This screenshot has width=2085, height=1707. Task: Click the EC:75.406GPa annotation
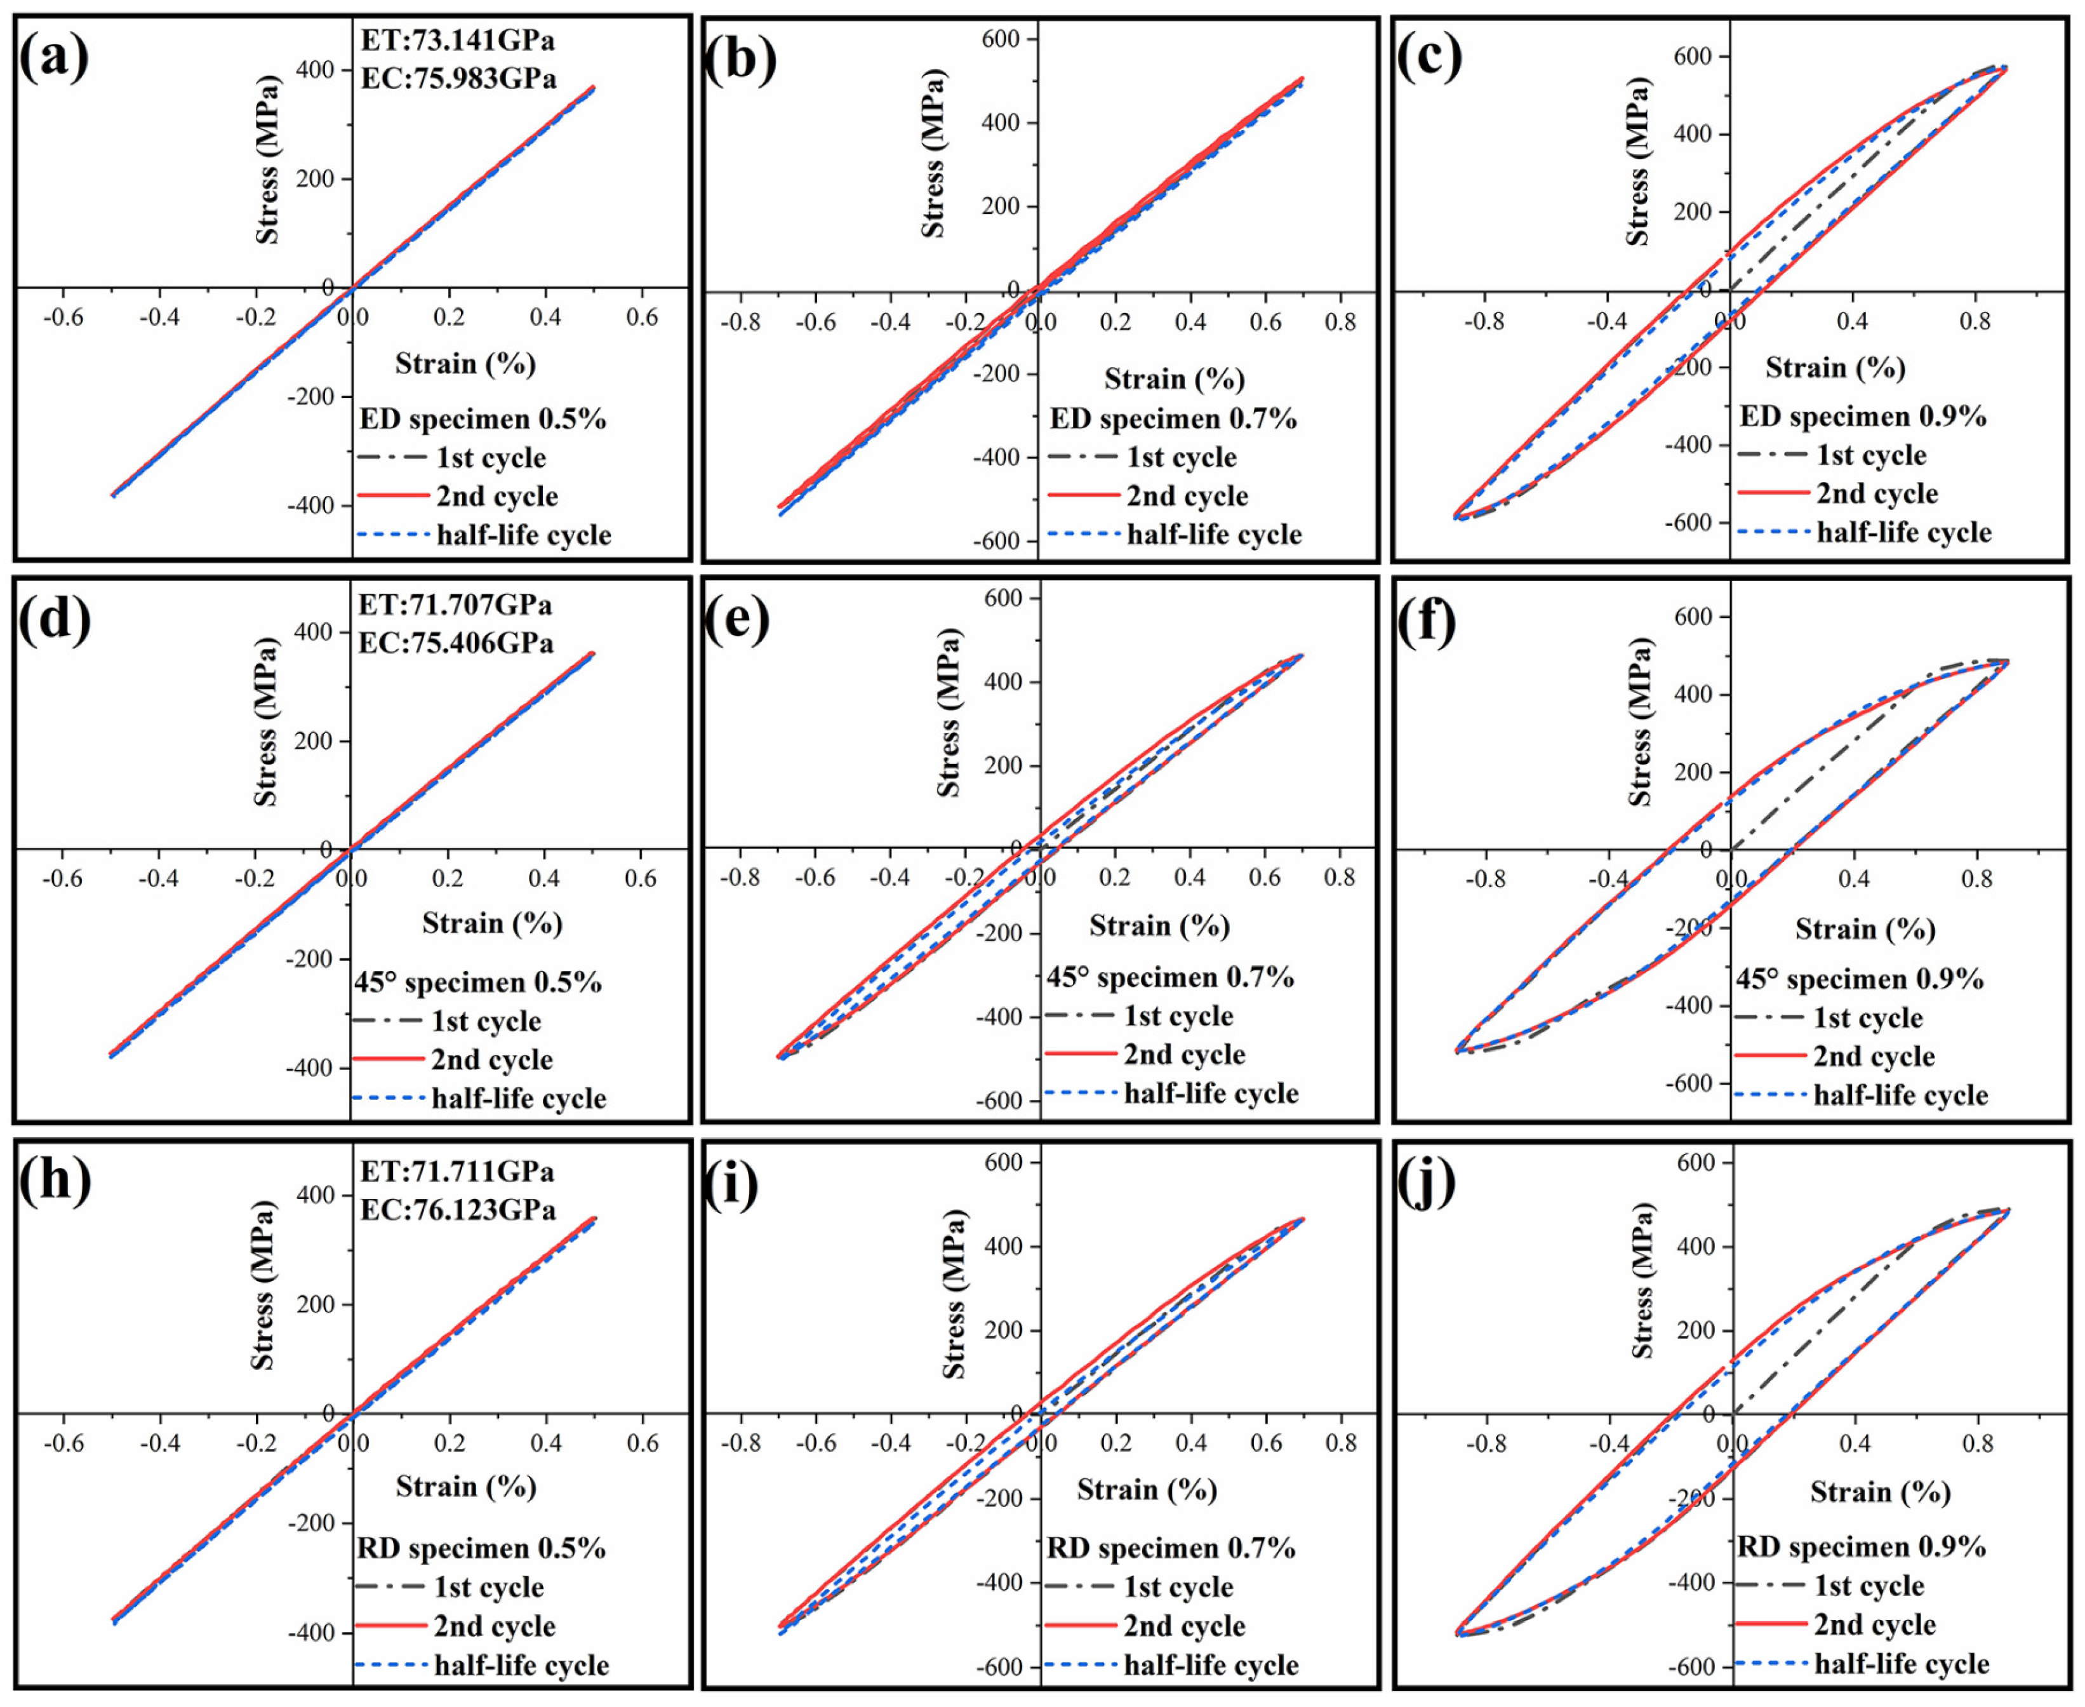click(455, 643)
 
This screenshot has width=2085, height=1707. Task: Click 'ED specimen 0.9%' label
click(1862, 416)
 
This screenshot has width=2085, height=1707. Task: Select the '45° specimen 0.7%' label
click(1169, 977)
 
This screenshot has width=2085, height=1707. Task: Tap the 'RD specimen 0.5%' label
click(480, 1549)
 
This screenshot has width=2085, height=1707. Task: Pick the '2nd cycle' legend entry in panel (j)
click(1875, 1624)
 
